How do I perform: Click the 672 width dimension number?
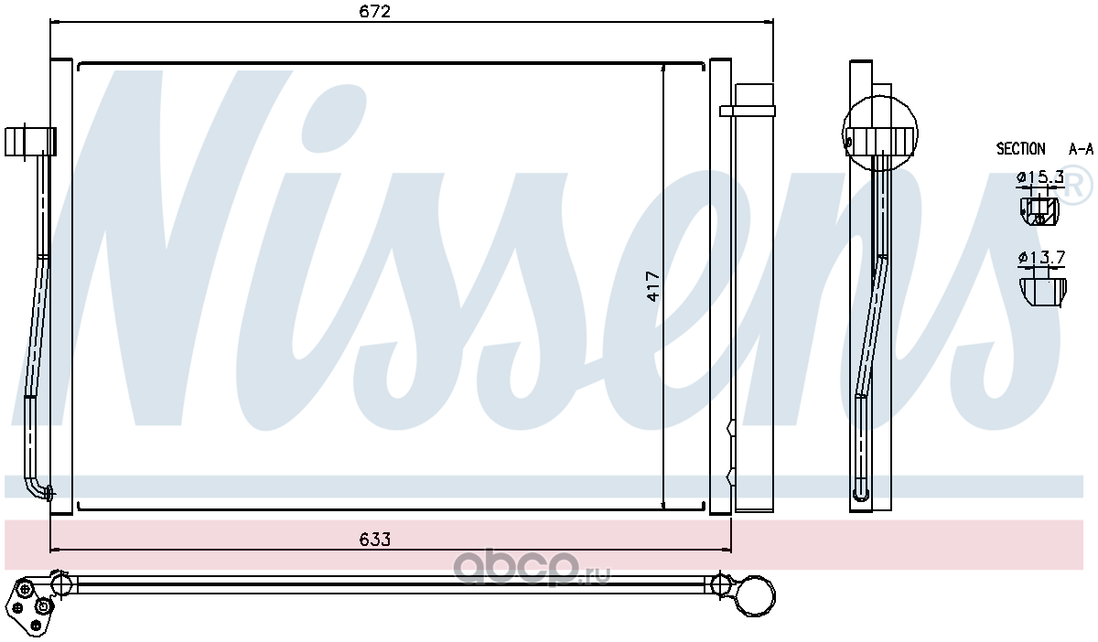point(375,11)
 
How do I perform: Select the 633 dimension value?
point(375,540)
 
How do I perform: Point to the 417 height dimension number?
point(653,286)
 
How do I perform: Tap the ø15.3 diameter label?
point(1039,177)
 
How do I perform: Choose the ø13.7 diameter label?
point(1041,257)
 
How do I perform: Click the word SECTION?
point(1020,148)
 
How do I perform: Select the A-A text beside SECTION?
point(1081,149)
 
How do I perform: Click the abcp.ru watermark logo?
point(532,569)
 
